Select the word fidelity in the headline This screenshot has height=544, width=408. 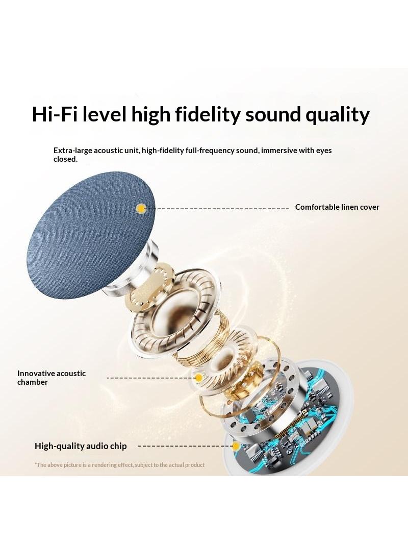207,115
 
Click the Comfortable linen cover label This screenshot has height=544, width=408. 337,207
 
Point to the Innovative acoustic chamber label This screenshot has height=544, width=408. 52,378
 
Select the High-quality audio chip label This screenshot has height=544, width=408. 81,446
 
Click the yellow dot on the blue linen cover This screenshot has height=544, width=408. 141,209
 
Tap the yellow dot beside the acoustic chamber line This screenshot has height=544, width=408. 198,378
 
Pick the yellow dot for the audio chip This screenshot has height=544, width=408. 236,446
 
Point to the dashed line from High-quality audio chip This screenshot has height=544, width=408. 185,446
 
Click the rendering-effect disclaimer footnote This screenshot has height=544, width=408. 119,465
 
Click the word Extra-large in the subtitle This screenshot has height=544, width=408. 73,151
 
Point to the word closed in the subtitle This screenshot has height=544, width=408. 65,159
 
